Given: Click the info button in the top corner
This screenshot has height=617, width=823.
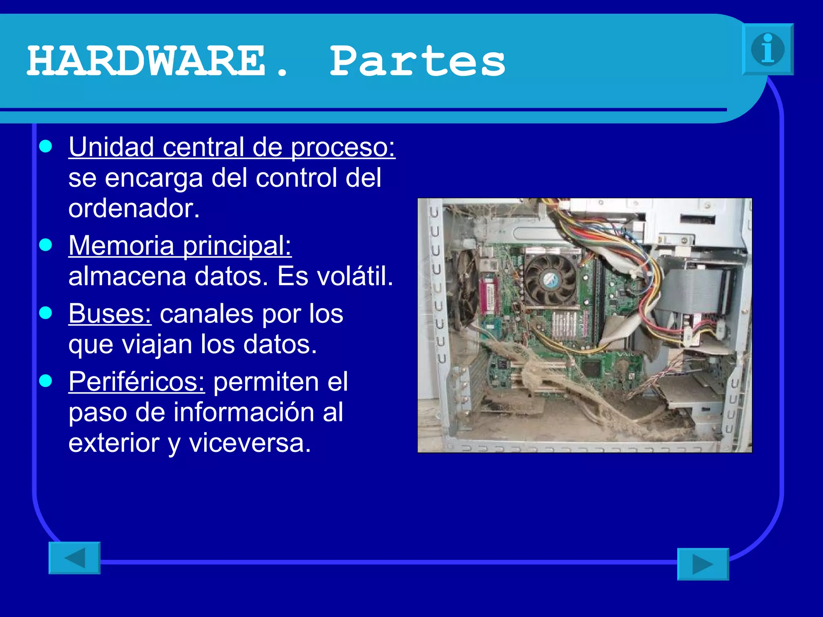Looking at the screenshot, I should (x=768, y=49).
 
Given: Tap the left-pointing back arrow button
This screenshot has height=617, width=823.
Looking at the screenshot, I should (x=75, y=558).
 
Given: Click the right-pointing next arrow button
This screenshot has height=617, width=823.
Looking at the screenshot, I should (x=703, y=564).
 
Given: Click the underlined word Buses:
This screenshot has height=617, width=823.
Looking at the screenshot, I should (x=110, y=314).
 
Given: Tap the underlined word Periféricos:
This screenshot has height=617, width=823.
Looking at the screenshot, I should (x=137, y=382).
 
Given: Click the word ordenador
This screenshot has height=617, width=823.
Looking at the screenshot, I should (x=134, y=208).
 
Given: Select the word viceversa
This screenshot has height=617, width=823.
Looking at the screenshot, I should (x=250, y=443).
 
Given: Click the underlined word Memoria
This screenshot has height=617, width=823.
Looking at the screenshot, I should (x=121, y=245).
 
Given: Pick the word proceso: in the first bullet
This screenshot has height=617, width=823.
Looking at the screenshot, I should (x=343, y=147).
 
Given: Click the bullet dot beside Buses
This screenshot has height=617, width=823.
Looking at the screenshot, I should (x=46, y=313).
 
